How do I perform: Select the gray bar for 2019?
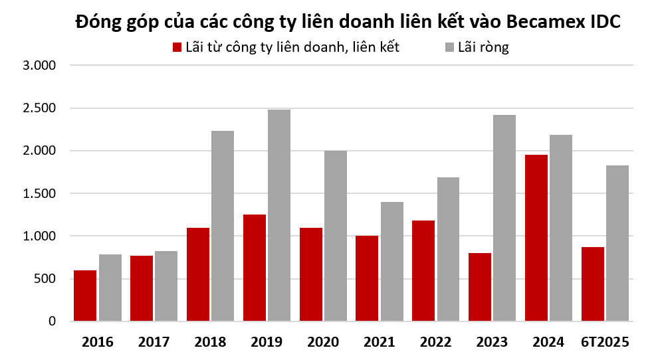(x=279, y=215)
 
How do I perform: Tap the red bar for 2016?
(x=85, y=296)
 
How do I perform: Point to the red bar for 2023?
(x=480, y=287)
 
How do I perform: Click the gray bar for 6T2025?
(x=617, y=243)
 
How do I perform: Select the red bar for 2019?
(x=255, y=268)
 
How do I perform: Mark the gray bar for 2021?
(x=392, y=261)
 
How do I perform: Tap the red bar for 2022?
(x=423, y=270)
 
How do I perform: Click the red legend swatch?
(x=177, y=47)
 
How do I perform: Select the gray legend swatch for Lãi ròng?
(x=450, y=47)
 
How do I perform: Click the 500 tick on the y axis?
(x=49, y=279)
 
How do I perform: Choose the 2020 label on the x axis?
(x=323, y=342)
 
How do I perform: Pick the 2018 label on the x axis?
(x=211, y=342)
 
